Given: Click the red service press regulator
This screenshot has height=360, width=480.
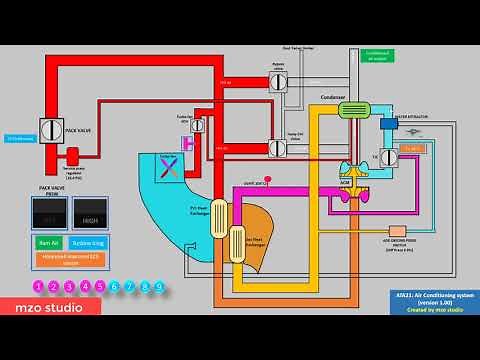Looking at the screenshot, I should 72,155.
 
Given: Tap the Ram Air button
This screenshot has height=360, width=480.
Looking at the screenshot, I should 48,242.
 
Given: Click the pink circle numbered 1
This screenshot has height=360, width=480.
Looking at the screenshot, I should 38,287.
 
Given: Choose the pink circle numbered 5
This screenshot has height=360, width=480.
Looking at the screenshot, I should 99,287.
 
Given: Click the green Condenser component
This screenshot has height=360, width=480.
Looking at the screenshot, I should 357,110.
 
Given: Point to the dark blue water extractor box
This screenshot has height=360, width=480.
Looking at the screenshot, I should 389,124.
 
